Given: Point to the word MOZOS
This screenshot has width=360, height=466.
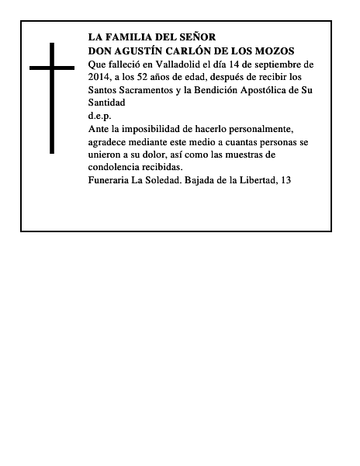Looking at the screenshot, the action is [276, 50].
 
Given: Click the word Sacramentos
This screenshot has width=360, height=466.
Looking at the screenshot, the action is [150, 90].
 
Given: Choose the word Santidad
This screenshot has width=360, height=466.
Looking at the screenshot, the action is [107, 103].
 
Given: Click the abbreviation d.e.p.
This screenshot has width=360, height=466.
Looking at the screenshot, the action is [100, 116].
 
